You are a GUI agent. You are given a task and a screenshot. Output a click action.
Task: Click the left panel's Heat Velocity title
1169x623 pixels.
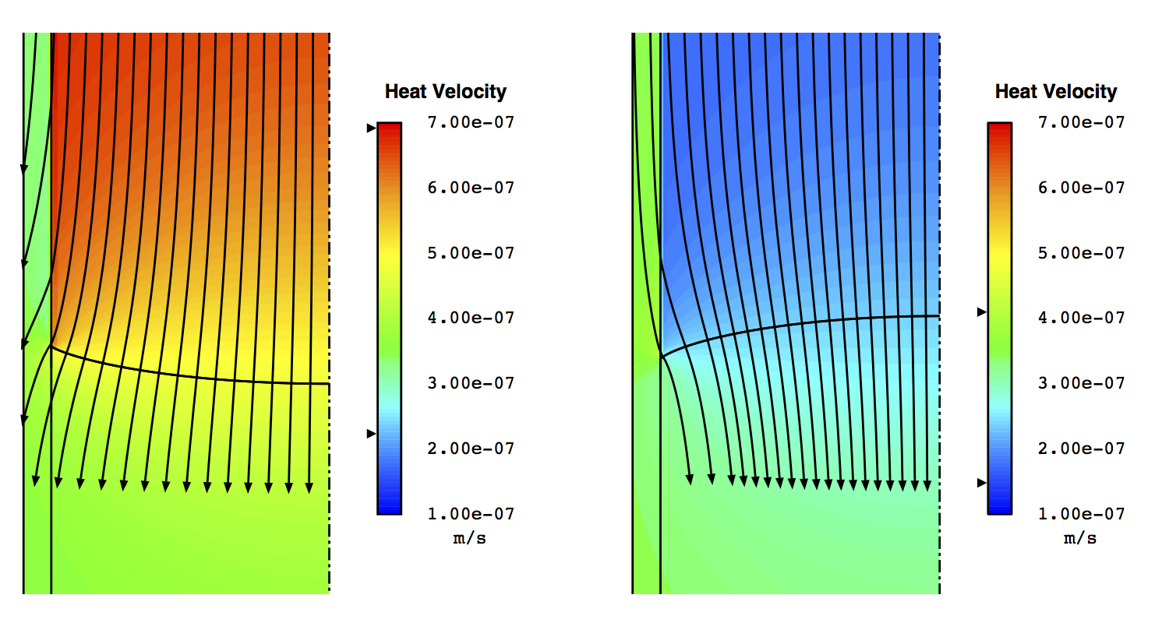446,92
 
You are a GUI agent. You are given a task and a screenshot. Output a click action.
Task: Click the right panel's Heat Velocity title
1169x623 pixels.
1056,92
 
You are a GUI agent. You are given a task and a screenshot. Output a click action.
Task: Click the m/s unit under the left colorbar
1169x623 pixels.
469,538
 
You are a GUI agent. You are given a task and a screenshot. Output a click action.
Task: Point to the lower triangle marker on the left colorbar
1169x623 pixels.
372,434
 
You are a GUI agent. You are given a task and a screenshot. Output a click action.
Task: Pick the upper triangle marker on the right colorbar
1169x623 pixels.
982,312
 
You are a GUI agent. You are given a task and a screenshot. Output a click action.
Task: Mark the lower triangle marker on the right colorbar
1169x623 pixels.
982,484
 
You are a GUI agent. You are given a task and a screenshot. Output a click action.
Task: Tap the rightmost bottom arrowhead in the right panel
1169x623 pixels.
927,486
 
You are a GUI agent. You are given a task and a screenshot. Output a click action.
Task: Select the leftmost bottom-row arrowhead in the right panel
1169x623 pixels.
689,480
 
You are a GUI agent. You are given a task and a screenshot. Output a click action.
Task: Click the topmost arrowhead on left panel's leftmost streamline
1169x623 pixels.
23,168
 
